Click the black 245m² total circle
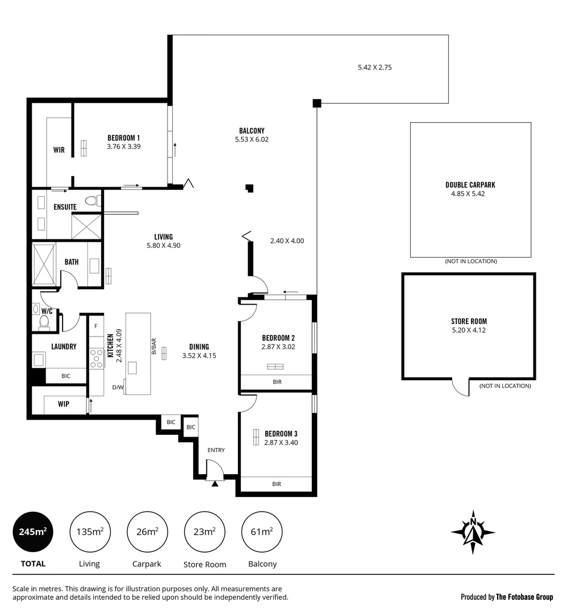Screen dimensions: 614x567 (x=32, y=532)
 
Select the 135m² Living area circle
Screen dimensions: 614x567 (x=89, y=532)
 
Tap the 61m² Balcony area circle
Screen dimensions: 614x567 (x=262, y=532)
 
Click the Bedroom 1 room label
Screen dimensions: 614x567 (x=123, y=138)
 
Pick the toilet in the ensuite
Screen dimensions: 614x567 (x=93, y=200)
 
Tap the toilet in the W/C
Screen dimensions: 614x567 (x=44, y=323)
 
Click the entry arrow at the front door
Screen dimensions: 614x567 (x=215, y=483)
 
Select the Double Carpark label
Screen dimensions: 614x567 (x=470, y=185)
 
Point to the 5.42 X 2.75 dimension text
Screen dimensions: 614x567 (x=374, y=67)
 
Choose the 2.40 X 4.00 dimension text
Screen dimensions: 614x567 (x=287, y=240)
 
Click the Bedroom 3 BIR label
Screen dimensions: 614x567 (x=277, y=484)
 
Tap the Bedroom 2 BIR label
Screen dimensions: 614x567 (x=277, y=382)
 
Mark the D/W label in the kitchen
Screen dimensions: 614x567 (x=117, y=388)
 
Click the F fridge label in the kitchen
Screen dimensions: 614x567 (x=95, y=326)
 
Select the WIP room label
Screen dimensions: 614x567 (x=64, y=404)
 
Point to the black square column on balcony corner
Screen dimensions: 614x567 (x=317, y=103)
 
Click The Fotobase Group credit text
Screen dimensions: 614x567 (x=524, y=597)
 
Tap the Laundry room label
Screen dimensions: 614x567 (x=64, y=346)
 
